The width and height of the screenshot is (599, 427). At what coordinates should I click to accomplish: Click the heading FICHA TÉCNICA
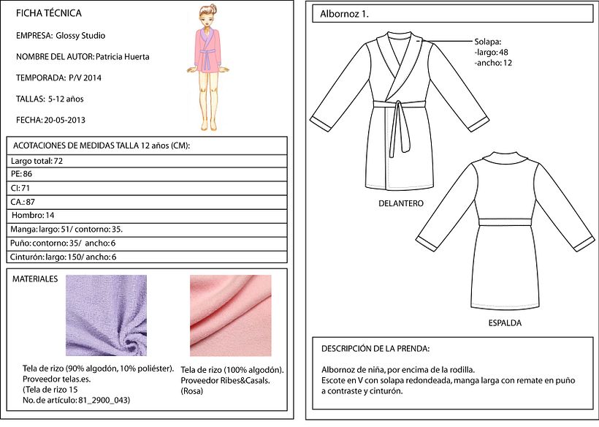[x=48, y=13]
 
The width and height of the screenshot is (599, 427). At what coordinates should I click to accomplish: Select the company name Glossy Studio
[x=80, y=36]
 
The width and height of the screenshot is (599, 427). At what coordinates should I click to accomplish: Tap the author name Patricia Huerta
[x=122, y=57]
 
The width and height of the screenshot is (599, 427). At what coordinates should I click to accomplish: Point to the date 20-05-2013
[x=64, y=120]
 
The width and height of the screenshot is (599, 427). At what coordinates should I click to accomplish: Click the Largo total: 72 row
[x=147, y=161]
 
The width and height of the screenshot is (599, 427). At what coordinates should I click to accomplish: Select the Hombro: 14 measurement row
[x=147, y=216]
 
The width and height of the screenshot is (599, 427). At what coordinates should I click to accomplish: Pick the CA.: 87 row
[x=147, y=202]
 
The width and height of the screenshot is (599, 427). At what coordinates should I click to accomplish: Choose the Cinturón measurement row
[x=147, y=257]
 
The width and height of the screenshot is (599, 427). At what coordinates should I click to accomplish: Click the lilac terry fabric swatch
[x=106, y=315]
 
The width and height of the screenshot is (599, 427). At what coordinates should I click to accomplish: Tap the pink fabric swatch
[x=231, y=315]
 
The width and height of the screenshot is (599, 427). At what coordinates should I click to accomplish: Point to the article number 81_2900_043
[x=104, y=400]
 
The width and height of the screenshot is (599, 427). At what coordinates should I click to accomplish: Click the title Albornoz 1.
[x=344, y=14]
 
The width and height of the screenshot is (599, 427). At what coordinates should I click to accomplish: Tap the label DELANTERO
[x=401, y=203]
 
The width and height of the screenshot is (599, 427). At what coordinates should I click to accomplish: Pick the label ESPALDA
[x=505, y=323]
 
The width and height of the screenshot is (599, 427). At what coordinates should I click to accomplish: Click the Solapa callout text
[x=493, y=53]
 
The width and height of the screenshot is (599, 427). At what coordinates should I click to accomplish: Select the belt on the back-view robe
[x=505, y=222]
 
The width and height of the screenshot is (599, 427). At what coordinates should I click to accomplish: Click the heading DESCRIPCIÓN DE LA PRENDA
[x=375, y=349]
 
